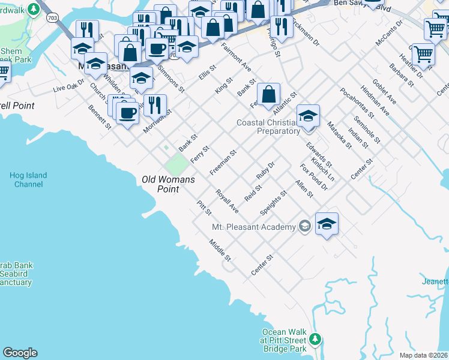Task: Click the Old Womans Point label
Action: [160, 184]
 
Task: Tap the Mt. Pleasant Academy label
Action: [254, 227]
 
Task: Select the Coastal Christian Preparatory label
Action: [268, 127]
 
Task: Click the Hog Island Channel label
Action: [28, 179]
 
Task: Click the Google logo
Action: [20, 353]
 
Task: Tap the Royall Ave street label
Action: [228, 202]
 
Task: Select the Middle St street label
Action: [220, 250]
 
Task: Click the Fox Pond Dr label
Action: [313, 177]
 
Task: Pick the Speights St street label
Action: [273, 203]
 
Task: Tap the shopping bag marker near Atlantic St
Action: [270, 94]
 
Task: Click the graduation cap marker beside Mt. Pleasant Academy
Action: [327, 224]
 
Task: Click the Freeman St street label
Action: [223, 163]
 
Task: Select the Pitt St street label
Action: [204, 208]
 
